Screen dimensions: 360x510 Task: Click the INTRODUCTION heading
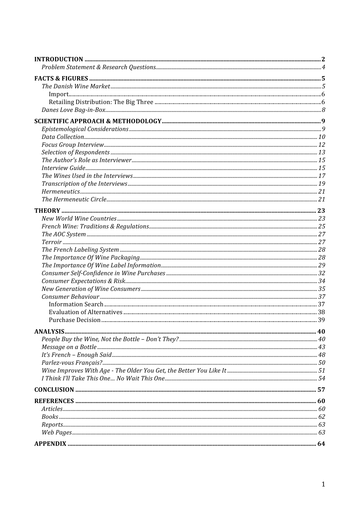click(59, 60)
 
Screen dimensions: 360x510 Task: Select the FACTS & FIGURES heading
click(61, 78)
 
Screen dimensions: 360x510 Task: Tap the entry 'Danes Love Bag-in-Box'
click(73, 110)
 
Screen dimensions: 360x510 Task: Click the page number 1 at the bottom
click(323, 484)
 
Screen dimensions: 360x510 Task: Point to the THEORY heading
click(47, 211)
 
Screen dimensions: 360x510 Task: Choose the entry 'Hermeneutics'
click(61, 192)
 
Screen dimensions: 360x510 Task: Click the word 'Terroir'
click(52, 242)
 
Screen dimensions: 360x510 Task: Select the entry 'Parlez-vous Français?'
click(72, 363)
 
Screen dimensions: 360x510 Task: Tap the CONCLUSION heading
click(54, 390)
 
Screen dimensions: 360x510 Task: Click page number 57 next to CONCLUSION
click(321, 390)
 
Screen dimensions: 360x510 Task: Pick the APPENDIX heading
click(50, 444)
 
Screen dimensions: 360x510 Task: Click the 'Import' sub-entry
click(59, 94)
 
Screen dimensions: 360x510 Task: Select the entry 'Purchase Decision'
click(75, 320)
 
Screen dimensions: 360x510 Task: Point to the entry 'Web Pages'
click(57, 432)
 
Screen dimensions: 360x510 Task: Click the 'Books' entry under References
click(50, 417)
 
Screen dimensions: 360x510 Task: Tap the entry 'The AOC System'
click(64, 234)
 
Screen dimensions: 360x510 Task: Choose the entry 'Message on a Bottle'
click(69, 347)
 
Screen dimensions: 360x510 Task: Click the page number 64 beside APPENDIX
click(321, 444)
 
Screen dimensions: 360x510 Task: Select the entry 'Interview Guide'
click(63, 168)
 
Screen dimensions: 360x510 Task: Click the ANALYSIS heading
click(49, 332)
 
